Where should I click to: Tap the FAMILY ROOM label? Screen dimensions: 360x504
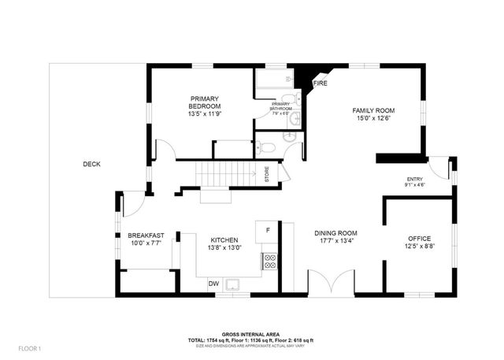(372, 111)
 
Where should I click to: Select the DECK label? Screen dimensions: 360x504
(92, 164)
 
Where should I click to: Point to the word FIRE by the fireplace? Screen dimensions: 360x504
(321, 83)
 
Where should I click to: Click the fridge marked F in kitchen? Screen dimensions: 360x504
(268, 230)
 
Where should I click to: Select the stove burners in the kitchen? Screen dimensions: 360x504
(269, 261)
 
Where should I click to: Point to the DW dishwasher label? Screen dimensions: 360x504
(213, 284)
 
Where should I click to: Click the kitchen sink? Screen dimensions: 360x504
(232, 284)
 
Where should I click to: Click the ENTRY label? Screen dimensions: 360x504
(414, 180)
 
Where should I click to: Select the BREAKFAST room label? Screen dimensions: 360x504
(146, 235)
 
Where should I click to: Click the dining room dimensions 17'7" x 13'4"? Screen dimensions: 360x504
(336, 243)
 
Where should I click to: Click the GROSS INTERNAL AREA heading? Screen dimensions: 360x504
(251, 334)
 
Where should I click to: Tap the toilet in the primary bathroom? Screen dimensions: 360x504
(266, 147)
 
